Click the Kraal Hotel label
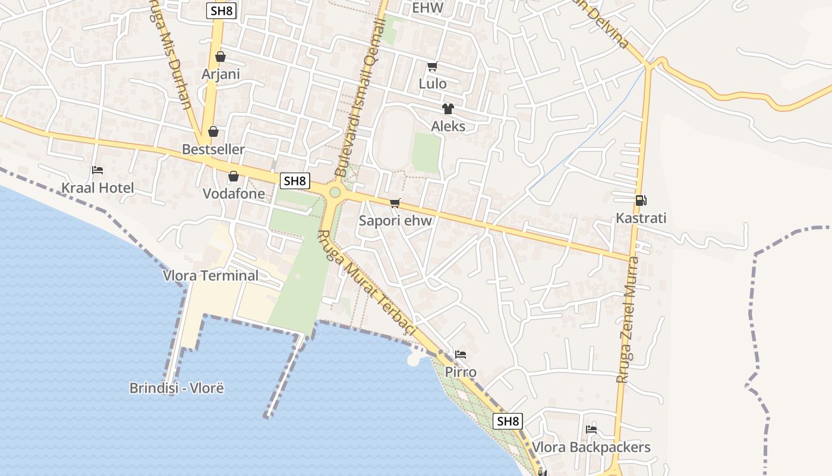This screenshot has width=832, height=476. coord(97,188)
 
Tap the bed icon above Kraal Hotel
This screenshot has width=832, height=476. coord(97,170)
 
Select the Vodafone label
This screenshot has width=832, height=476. coord(234,193)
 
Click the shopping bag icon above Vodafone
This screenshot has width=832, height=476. coord(234,176)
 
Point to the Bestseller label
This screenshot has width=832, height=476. coord(213,149)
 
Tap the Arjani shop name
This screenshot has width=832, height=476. coord(220,74)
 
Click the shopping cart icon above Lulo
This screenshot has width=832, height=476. coord(432,66)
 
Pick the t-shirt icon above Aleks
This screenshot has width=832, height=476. coord(447,108)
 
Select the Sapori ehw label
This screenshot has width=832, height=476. coord(395,221)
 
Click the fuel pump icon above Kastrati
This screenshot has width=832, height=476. coord(641,201)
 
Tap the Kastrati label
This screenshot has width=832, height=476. coord(641,218)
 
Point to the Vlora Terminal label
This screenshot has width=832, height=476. coord(210,275)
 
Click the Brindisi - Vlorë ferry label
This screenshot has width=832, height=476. coord(177,388)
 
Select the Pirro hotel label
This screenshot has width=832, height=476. coord(461,372)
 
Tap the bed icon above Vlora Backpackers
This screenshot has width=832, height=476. coord(591,429)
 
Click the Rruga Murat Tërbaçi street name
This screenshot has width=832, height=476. coord(368,283)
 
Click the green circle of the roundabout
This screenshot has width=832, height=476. coord(335,192)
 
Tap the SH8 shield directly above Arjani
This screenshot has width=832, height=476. coord(222,11)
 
